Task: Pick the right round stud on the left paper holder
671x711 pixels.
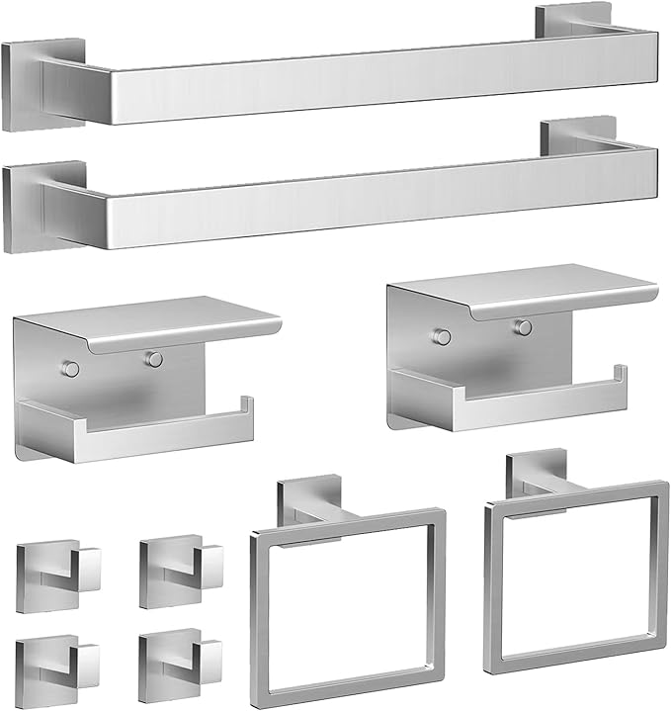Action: pos(153,359)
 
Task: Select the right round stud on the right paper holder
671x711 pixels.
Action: pos(523,327)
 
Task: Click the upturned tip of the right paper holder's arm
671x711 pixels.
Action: pos(621,377)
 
